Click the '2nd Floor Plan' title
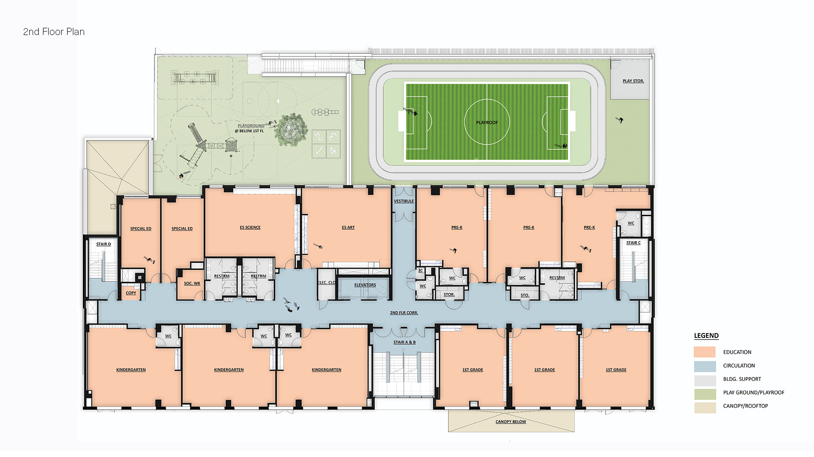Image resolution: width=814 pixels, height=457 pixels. [54, 32]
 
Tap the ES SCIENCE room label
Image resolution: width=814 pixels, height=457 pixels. [250, 227]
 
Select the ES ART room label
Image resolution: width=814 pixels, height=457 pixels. [348, 227]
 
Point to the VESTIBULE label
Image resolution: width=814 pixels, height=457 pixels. [404, 201]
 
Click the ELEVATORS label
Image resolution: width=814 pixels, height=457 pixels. [365, 285]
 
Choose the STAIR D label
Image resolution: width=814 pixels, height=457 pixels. [103, 244]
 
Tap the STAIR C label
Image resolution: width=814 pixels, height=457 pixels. [633, 243]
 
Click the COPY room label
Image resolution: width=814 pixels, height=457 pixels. [131, 293]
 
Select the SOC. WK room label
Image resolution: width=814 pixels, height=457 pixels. [192, 283]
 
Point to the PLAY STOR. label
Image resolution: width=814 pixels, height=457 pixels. [633, 81]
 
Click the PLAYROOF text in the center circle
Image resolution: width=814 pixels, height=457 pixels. [487, 122]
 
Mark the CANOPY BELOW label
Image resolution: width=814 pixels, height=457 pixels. [511, 422]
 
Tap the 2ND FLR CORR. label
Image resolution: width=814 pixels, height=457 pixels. [404, 313]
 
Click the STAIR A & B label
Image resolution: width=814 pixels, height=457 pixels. [405, 342]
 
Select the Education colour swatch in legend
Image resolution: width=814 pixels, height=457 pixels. [705, 352]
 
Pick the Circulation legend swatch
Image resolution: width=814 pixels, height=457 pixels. [705, 366]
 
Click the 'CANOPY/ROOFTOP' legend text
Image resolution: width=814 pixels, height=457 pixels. [746, 406]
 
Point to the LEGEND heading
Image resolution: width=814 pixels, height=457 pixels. [706, 336]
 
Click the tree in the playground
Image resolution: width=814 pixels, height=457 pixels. [291, 130]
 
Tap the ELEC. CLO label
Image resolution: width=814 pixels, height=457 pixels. [326, 283]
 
